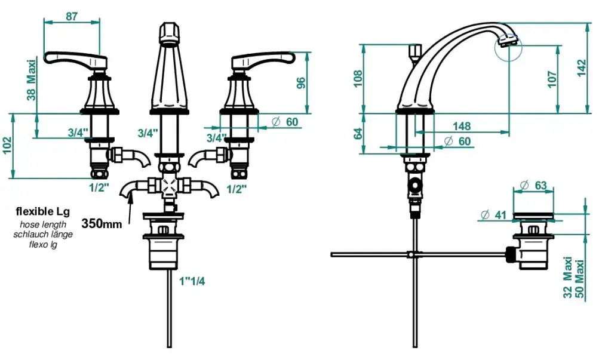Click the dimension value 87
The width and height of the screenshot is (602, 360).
click(72, 17)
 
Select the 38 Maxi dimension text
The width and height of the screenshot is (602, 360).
click(32, 80)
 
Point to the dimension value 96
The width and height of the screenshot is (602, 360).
click(302, 83)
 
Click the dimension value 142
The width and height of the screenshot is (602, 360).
click(582, 68)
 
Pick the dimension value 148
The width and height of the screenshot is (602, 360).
click(462, 126)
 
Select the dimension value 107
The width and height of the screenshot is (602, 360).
click(552, 79)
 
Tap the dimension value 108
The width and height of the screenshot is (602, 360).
click(358, 79)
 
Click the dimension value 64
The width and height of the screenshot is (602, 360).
click(358, 134)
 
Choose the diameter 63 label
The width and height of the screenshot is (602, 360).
click(534, 185)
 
